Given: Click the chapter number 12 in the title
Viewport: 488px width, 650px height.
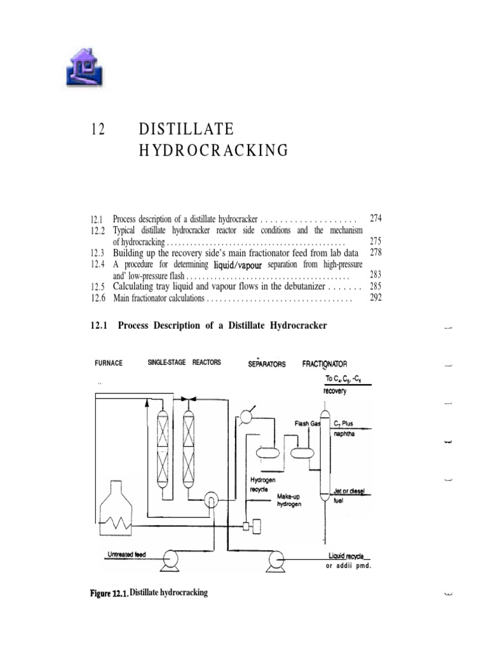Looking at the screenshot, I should click(x=97, y=129).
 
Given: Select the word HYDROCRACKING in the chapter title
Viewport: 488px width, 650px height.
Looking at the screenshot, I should click(x=213, y=150).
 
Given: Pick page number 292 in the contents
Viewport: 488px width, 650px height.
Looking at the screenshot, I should click(x=376, y=298).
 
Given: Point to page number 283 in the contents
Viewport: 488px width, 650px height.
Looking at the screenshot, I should click(x=376, y=275).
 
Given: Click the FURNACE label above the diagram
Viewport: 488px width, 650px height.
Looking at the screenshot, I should click(x=109, y=364).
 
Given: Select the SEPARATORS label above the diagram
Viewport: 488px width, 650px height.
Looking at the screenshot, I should click(x=267, y=364).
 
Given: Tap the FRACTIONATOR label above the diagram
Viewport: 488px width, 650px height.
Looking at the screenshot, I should click(x=325, y=364).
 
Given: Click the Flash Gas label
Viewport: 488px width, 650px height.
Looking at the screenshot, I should click(x=307, y=423).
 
